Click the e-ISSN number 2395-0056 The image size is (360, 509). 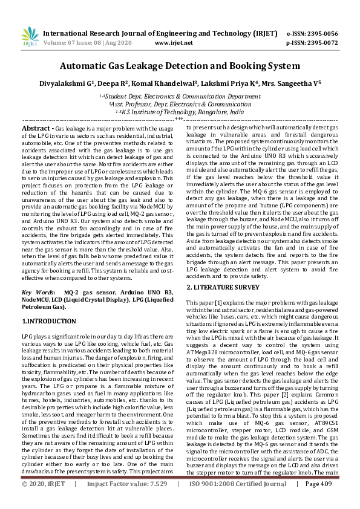(x=321, y=33)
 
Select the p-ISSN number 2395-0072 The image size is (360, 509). (x=321, y=44)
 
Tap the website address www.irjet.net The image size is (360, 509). (x=174, y=44)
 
